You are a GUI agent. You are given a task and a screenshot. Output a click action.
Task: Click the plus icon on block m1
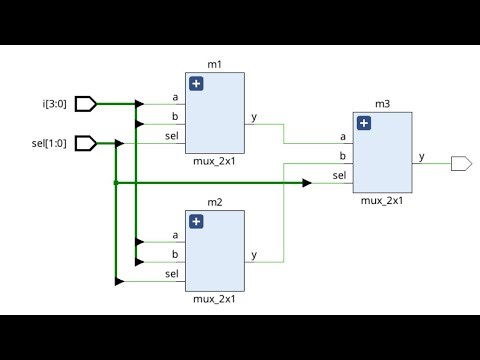[x=196, y=84]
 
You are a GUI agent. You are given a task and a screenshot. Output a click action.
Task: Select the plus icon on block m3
[x=364, y=123]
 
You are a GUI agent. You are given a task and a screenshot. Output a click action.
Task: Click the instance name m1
[x=214, y=65]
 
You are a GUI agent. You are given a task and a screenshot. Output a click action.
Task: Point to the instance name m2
[x=214, y=203]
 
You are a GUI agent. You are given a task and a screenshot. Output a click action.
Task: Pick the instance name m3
[x=382, y=104]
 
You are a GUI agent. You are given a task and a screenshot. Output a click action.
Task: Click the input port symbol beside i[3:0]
[x=86, y=103]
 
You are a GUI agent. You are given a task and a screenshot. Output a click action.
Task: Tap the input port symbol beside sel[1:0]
[x=86, y=143]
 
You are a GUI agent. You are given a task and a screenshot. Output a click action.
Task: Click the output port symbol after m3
[x=461, y=163]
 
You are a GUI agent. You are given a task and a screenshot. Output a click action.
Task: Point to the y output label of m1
[x=254, y=117]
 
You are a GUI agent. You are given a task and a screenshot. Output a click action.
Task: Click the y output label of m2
[x=254, y=255]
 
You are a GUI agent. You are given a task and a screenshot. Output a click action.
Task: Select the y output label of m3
[x=421, y=157]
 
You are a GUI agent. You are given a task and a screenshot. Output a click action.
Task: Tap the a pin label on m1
[x=176, y=97]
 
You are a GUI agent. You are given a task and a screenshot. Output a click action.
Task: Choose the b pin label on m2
[x=176, y=254]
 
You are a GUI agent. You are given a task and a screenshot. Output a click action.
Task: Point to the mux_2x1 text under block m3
[x=382, y=200]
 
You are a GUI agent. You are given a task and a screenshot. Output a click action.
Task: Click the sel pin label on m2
[x=172, y=273]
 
